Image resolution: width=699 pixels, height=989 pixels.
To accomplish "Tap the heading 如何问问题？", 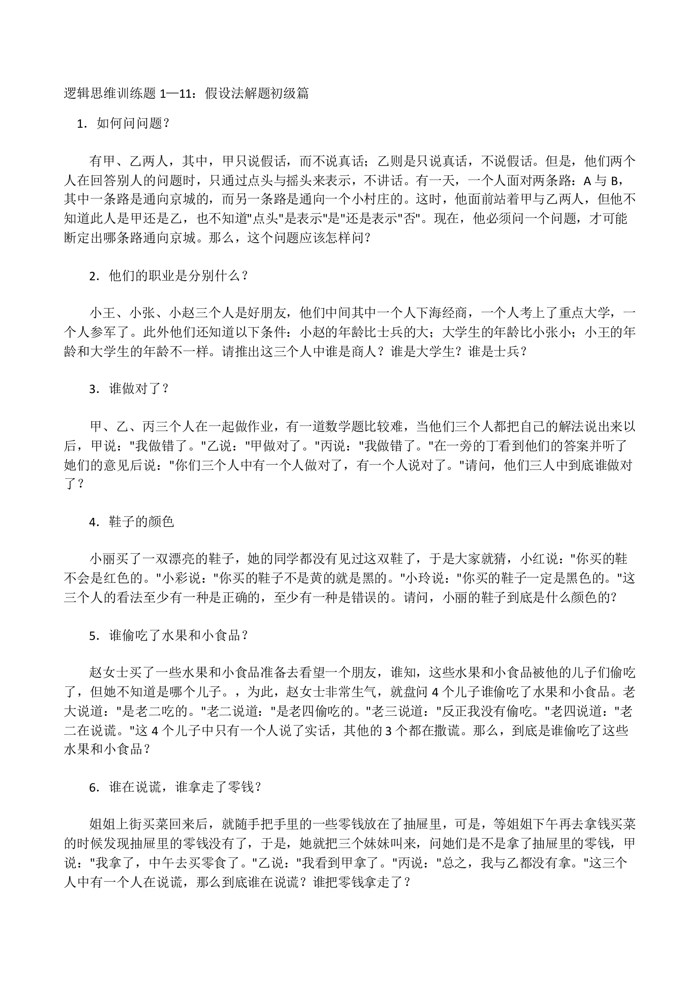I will click(x=133, y=124).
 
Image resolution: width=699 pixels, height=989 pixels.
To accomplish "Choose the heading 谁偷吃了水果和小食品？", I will click(x=179, y=636).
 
